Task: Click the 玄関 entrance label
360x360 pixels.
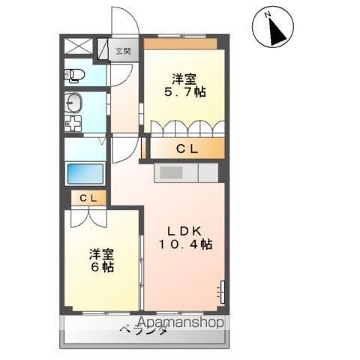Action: pos(124,52)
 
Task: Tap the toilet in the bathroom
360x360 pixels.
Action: pos(73,75)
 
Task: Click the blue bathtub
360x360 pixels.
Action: pos(85,173)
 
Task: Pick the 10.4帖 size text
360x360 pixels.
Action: pos(185,244)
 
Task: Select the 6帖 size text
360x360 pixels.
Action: pos(103,267)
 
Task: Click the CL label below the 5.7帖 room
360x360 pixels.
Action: pos(187,148)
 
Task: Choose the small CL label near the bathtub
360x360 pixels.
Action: pos(88,198)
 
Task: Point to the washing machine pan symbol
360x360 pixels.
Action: pos(73,124)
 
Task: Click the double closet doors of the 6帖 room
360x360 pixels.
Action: pos(88,217)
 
